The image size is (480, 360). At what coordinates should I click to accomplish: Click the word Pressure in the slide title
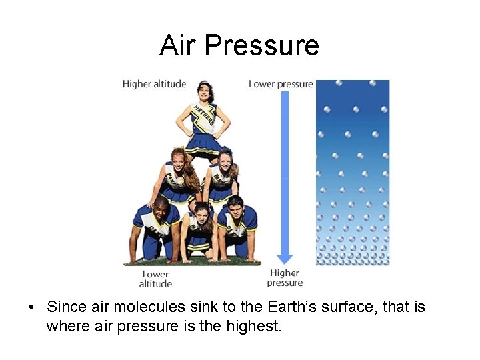(x=261, y=45)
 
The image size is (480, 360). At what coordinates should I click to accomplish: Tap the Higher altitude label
(x=154, y=84)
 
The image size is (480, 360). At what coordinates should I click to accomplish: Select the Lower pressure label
(x=281, y=84)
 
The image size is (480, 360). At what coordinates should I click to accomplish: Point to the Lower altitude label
(x=155, y=279)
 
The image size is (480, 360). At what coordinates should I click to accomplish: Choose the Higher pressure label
(x=285, y=277)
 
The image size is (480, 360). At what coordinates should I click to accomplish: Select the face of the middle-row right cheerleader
(x=225, y=160)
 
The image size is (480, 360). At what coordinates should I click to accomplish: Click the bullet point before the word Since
(x=31, y=307)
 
